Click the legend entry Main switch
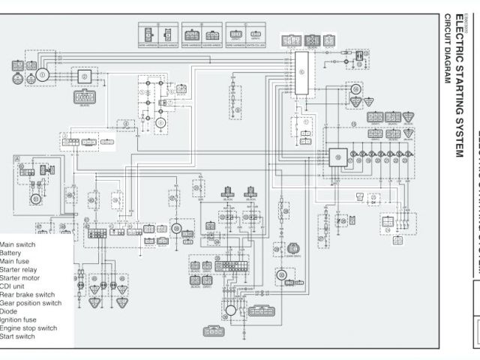[17, 244]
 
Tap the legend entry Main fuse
[16, 261]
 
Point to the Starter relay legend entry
[19, 269]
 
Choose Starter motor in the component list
[19, 278]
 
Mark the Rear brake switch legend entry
[27, 295]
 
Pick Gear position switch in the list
[31, 303]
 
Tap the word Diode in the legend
[10, 311]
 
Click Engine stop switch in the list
[28, 328]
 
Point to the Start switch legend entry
[18, 336]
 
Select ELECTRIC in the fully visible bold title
[459, 37]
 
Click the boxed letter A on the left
[16, 159]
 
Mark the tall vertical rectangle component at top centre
[302, 73]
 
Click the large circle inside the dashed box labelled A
[34, 199]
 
